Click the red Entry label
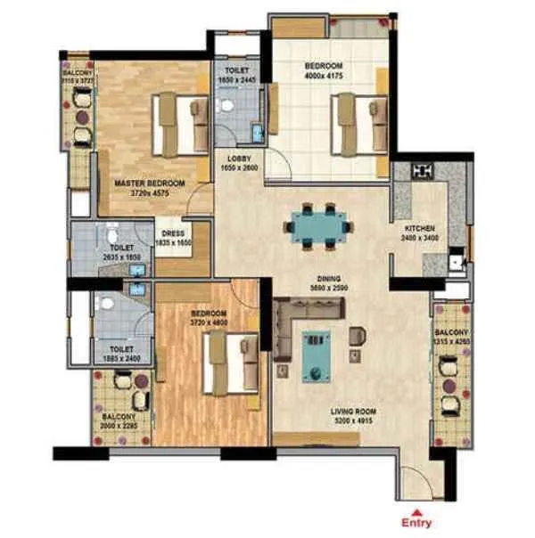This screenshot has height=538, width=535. tap(416, 523)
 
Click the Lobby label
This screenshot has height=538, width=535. tap(239, 163)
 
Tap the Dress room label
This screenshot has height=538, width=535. tap(174, 238)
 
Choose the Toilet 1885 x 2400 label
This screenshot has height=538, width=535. tap(120, 354)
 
